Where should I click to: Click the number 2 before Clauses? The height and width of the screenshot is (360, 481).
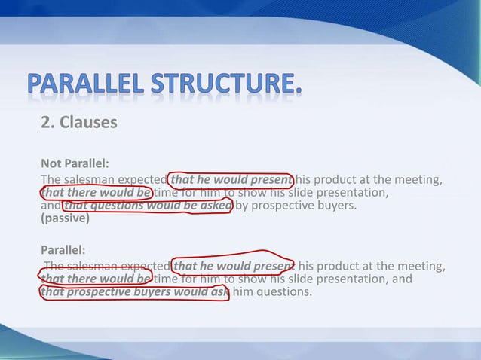pyautogui.click(x=46, y=121)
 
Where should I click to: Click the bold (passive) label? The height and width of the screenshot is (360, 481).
pyautogui.click(x=65, y=219)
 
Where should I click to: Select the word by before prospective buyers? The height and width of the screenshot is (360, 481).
pyautogui.click(x=243, y=206)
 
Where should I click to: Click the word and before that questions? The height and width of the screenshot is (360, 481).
pyautogui.click(x=51, y=206)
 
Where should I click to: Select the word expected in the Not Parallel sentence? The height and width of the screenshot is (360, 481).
pyautogui.click(x=142, y=179)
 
